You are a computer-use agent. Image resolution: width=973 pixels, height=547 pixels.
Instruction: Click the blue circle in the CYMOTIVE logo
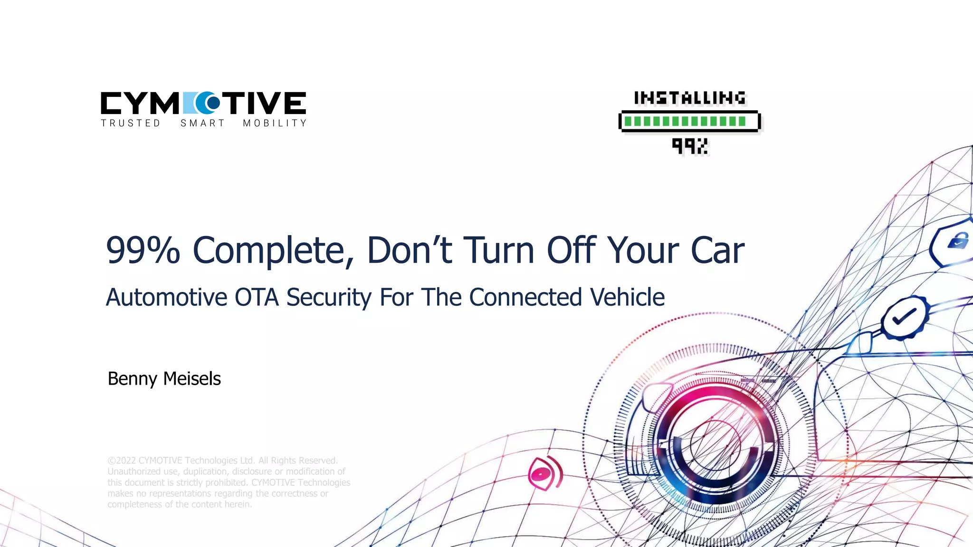pos(208,103)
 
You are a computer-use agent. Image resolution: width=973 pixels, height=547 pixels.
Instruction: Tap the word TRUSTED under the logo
pos(131,123)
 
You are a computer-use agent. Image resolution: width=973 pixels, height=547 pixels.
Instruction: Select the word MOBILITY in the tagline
pos(275,123)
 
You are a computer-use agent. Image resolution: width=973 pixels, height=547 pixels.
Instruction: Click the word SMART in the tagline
pos(202,123)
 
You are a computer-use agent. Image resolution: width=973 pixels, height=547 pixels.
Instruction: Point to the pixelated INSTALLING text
pos(690,98)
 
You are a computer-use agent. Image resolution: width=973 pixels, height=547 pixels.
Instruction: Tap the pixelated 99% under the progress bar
pos(690,146)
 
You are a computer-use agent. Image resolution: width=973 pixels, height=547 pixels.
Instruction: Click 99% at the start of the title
pos(143,250)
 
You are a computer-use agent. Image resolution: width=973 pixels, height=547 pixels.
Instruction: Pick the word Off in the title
pos(571,250)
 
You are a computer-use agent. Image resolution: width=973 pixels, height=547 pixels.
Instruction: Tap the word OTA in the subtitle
pos(256,298)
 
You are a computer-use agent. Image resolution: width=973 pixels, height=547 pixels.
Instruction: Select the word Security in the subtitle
pos(329,298)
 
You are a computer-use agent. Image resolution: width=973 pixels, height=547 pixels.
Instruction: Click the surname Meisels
pos(192,379)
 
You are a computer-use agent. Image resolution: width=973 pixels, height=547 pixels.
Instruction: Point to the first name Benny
pos(132,379)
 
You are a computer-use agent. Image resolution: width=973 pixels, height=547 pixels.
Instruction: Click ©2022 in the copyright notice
pos(122,461)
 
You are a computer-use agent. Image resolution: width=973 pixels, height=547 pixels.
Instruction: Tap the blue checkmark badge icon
pos(904,317)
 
